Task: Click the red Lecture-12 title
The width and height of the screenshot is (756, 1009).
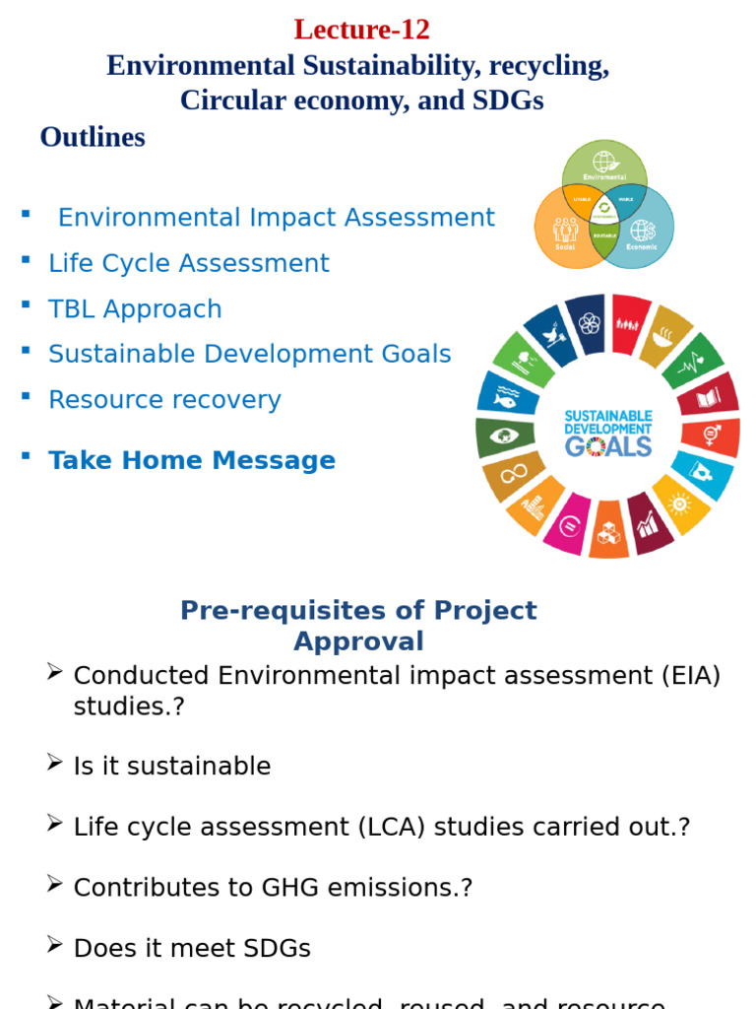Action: (x=361, y=30)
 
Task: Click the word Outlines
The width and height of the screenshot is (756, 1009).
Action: (x=93, y=137)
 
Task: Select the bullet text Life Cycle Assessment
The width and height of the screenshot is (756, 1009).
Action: (x=189, y=263)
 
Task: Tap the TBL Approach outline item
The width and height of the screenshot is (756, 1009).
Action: (x=135, y=308)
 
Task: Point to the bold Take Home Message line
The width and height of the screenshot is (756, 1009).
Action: (x=192, y=460)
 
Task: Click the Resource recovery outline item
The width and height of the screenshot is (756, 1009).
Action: (x=164, y=399)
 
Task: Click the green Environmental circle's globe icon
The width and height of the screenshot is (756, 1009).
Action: (x=603, y=161)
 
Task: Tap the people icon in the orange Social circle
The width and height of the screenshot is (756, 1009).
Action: (x=565, y=230)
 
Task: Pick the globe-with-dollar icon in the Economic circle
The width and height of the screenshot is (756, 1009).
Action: (x=643, y=231)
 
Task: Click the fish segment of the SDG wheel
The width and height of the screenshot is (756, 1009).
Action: (x=505, y=396)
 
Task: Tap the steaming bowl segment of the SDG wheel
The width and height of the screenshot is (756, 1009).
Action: (x=666, y=336)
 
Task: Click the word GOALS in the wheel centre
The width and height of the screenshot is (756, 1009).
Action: (x=607, y=446)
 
